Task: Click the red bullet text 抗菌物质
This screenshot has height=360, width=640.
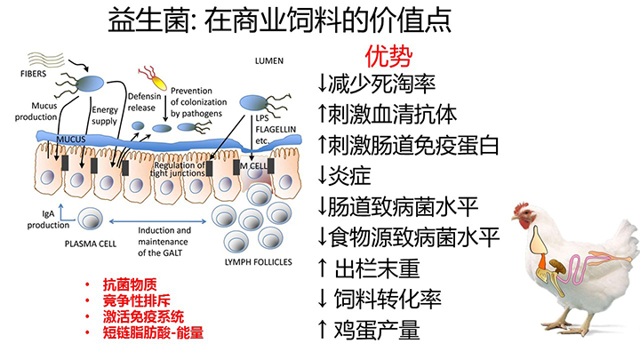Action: click(129, 284)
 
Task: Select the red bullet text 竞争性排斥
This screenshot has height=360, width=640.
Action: click(135, 300)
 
